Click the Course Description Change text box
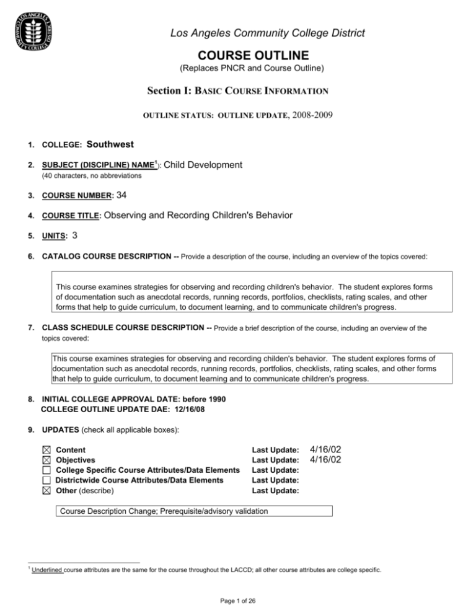[x=195, y=511]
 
